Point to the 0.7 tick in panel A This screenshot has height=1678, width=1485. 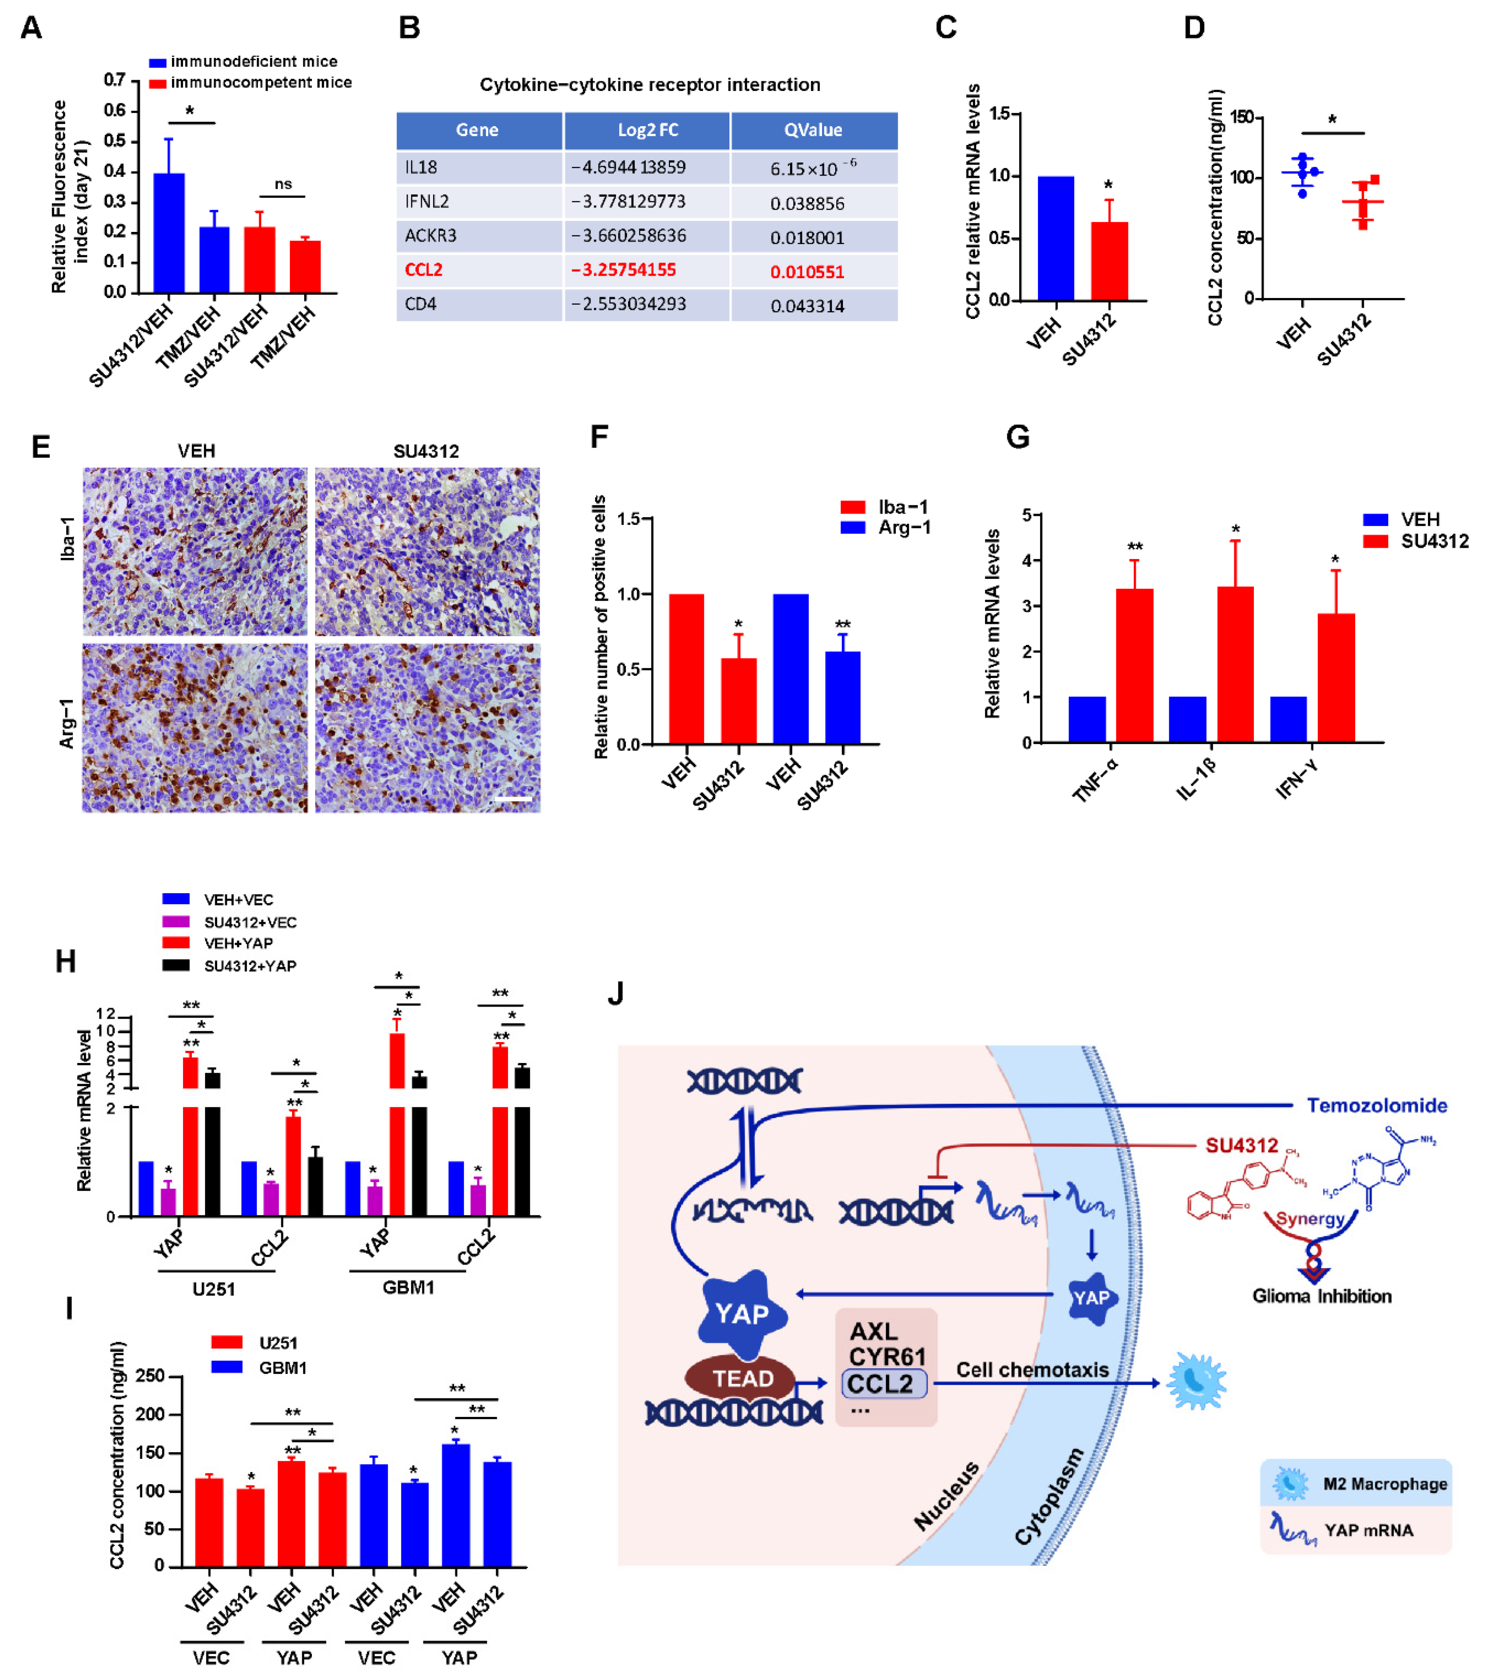click(115, 80)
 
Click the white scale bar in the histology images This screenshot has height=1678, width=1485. click(514, 798)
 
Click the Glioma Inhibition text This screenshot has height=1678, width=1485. click(1321, 1296)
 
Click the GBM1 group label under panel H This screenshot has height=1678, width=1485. click(408, 1287)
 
